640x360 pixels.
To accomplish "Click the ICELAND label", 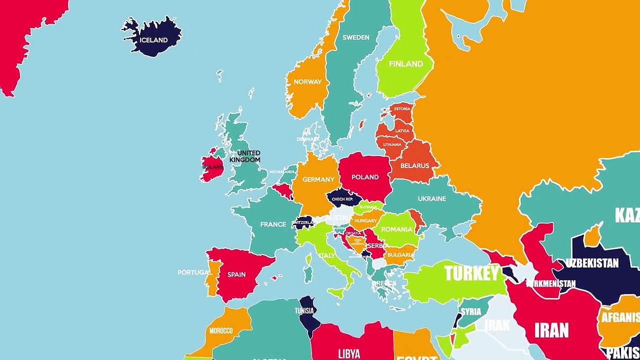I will pyautogui.click(x=153, y=40).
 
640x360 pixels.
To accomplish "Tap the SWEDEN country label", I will pyautogui.click(x=356, y=37).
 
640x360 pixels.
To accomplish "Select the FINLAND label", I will pyautogui.click(x=406, y=64).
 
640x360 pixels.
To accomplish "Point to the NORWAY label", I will pyautogui.click(x=307, y=82).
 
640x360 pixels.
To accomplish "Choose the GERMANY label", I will pyautogui.click(x=318, y=179).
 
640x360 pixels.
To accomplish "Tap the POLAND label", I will pyautogui.click(x=365, y=177).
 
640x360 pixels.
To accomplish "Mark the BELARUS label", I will pyautogui.click(x=414, y=165).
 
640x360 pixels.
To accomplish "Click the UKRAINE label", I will pyautogui.click(x=432, y=198).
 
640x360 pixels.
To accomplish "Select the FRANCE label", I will pyautogui.click(x=273, y=224).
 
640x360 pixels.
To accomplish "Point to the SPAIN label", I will pyautogui.click(x=236, y=274).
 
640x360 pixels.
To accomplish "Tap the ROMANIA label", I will pyautogui.click(x=396, y=229).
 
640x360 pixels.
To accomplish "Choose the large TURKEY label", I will pyautogui.click(x=471, y=273).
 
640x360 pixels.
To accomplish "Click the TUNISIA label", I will pyautogui.click(x=304, y=310).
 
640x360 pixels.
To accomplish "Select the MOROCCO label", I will pyautogui.click(x=221, y=330).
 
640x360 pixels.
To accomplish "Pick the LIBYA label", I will pyautogui.click(x=349, y=354).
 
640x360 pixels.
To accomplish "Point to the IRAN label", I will pyautogui.click(x=551, y=330).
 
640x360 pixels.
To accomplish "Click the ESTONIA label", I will pyautogui.click(x=402, y=108).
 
